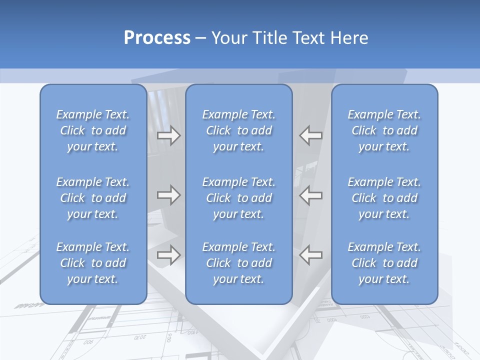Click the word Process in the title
(x=157, y=38)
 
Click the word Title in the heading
(x=270, y=38)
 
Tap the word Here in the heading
(x=349, y=38)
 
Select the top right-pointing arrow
(x=168, y=135)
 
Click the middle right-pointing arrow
(x=168, y=195)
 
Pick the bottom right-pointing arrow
(x=168, y=255)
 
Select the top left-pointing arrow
(x=311, y=135)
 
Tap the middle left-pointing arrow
(x=311, y=195)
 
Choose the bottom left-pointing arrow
(x=311, y=255)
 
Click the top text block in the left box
(x=93, y=130)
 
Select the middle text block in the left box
(x=93, y=198)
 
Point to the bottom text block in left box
(x=93, y=263)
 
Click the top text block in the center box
(x=239, y=130)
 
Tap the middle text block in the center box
(x=239, y=198)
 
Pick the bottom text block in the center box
(x=239, y=263)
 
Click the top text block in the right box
(x=384, y=130)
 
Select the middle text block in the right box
(x=384, y=198)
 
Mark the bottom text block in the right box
(x=384, y=263)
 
